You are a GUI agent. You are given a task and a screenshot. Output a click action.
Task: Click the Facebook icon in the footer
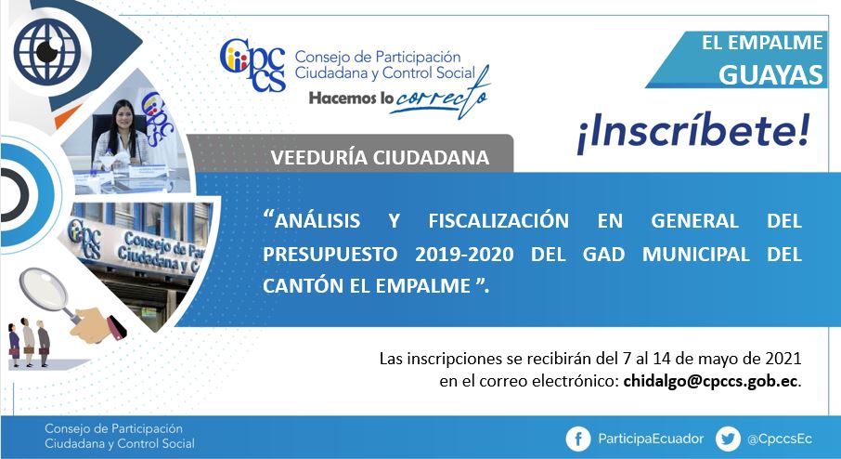[x=578, y=439]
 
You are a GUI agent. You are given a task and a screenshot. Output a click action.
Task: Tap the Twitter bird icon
[x=728, y=439]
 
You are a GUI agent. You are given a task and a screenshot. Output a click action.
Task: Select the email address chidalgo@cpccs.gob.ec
[x=711, y=381]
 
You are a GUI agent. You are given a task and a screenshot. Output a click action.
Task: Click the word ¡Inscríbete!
[x=693, y=133]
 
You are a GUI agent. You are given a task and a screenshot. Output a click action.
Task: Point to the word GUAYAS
[x=770, y=74]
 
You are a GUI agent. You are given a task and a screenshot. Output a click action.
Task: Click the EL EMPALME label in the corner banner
[x=762, y=43]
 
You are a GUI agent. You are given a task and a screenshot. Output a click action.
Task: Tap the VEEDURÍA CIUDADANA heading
[x=380, y=157]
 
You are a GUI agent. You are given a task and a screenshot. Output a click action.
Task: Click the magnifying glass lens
[x=44, y=290]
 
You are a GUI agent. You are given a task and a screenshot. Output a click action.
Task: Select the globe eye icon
[x=47, y=51]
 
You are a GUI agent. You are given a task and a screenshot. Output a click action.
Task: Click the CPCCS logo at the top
[x=252, y=64]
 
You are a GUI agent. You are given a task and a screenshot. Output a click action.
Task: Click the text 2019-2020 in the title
[x=464, y=254]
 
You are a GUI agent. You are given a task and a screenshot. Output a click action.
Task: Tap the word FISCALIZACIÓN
[x=498, y=220]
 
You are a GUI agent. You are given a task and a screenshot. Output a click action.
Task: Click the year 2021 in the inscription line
[x=783, y=358]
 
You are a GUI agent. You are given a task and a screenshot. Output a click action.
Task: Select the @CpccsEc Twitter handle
[x=780, y=439]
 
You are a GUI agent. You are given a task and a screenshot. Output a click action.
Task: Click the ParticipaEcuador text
[x=651, y=439]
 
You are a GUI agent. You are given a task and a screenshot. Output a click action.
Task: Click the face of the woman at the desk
[x=123, y=115]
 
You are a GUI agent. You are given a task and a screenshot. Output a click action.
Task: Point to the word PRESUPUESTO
[x=330, y=254]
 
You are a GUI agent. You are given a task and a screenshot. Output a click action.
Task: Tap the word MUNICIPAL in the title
[x=695, y=254]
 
